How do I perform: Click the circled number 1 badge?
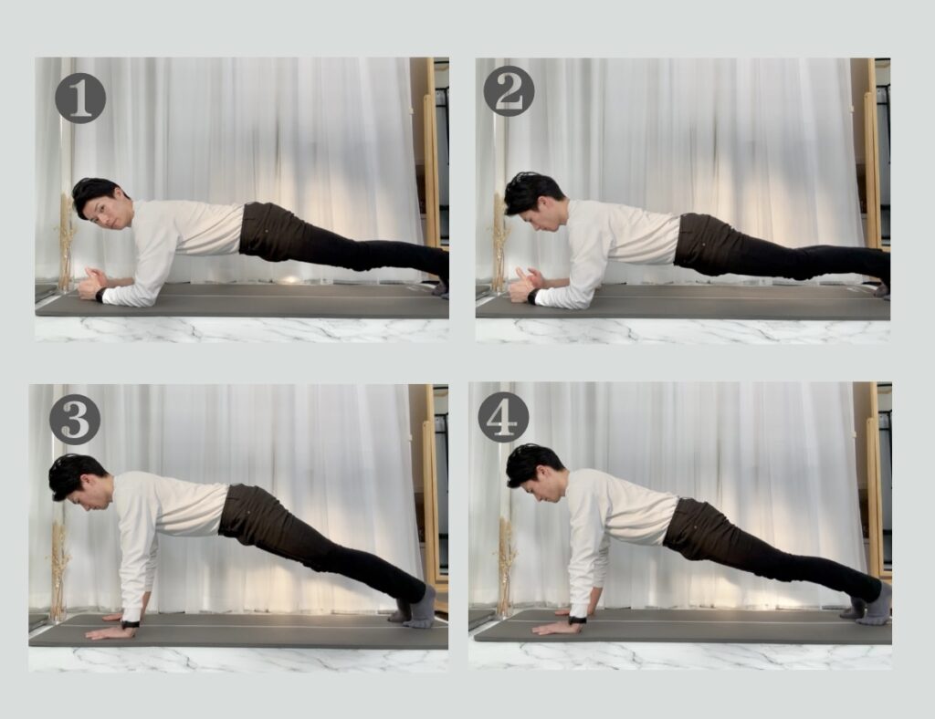click(80, 99)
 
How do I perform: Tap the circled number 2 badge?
click(509, 91)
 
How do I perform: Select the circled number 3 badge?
click(75, 419)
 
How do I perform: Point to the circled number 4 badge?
click(503, 417)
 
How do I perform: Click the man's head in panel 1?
click(101, 203)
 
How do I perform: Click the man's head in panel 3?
click(81, 482)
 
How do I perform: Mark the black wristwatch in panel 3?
click(131, 624)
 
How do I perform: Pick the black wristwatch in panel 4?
click(577, 620)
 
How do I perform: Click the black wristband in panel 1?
click(100, 295)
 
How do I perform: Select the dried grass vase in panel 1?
click(66, 245)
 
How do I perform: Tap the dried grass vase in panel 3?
click(58, 572)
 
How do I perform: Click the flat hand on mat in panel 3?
click(110, 632)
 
